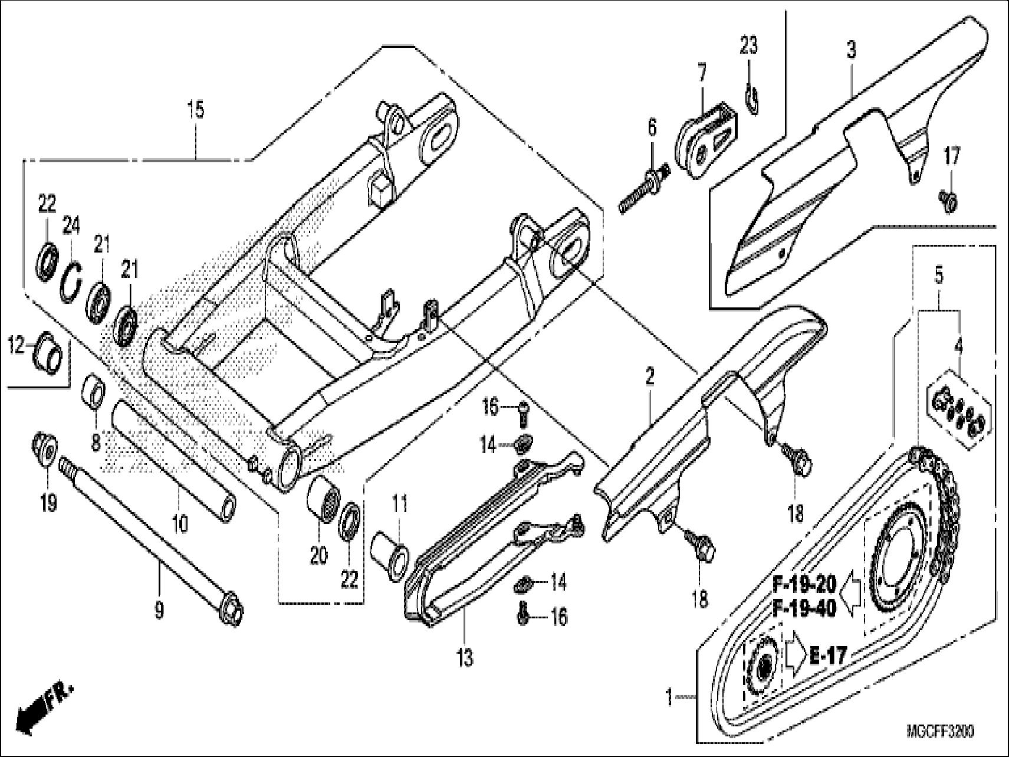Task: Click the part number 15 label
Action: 196,110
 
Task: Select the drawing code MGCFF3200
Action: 940,732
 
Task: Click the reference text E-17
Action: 827,655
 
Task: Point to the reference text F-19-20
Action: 804,585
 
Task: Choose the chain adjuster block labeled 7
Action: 705,140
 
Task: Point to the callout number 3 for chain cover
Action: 851,50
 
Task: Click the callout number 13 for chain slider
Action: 465,657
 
